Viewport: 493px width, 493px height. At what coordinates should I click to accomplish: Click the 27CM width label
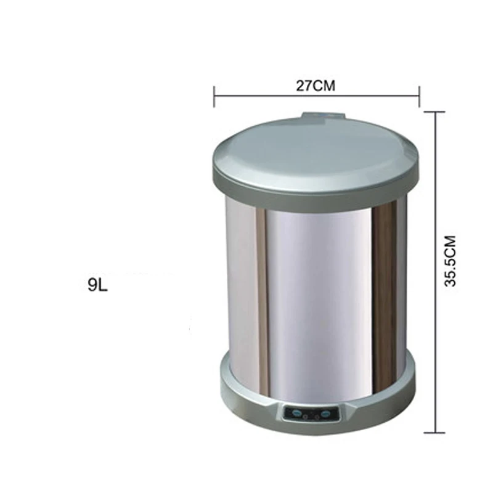pyautogui.click(x=316, y=86)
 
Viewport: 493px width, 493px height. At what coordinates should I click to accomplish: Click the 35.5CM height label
pyautogui.click(x=450, y=261)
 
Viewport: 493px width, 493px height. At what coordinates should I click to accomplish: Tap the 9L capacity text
pyautogui.click(x=98, y=285)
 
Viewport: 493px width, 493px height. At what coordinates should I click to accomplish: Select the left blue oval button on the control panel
pyautogui.click(x=296, y=413)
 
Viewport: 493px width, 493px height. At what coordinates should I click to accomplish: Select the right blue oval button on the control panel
pyautogui.click(x=326, y=413)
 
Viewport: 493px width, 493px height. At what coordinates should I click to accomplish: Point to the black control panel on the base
pyautogui.click(x=311, y=414)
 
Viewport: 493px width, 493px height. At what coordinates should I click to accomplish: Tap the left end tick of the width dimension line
pyautogui.click(x=214, y=97)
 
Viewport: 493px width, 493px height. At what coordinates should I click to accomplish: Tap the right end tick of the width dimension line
pyautogui.click(x=419, y=97)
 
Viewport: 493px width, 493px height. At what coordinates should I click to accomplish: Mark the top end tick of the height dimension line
pyautogui.click(x=435, y=112)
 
